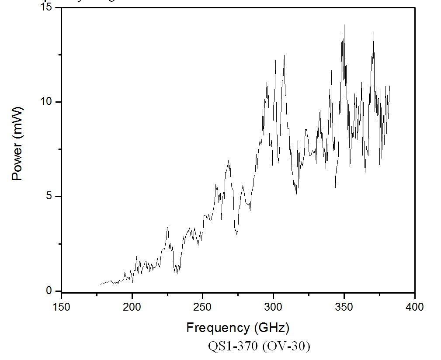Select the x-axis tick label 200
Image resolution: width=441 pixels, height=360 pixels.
point(132,307)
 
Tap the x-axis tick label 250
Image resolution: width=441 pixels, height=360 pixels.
point(203,307)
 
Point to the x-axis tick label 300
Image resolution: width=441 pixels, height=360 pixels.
point(273,307)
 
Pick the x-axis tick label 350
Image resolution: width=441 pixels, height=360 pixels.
point(344,307)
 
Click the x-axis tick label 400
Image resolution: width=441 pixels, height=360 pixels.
point(414,307)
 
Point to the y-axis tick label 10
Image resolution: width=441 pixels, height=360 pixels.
point(46,102)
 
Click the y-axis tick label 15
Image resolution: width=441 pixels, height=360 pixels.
point(46,7)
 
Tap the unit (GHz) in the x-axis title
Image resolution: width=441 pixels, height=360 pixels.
point(271,327)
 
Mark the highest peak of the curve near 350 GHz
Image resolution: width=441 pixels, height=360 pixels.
point(344,25)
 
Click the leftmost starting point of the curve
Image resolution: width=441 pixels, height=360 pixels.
point(101,284)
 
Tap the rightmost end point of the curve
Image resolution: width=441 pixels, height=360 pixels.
point(389,86)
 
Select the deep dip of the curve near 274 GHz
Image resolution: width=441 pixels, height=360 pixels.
point(236,234)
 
